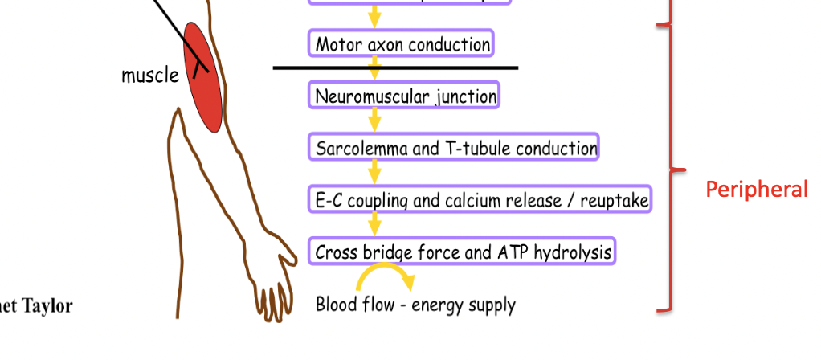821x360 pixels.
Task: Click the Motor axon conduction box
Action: (402, 44)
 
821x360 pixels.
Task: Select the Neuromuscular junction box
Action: (405, 96)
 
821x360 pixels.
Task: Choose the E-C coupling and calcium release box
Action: (480, 200)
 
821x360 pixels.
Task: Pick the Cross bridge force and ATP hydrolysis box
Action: (463, 252)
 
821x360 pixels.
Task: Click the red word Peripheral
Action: (757, 190)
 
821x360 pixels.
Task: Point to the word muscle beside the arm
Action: (150, 76)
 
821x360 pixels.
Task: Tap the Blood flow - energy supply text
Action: (415, 305)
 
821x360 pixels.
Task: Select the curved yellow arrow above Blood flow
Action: (385, 276)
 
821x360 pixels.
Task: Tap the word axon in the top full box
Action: (385, 44)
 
